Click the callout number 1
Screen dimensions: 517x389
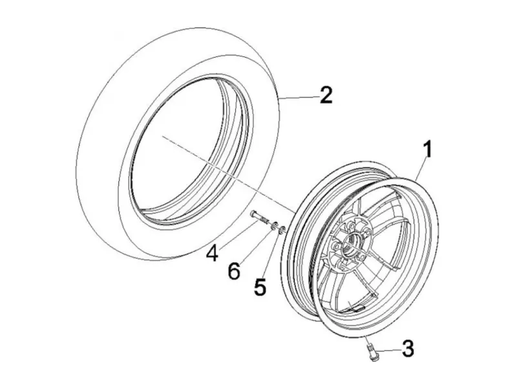[427, 150]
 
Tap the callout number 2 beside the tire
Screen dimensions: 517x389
[326, 94]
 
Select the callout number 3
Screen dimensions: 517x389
[408, 348]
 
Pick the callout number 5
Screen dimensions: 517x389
[260, 286]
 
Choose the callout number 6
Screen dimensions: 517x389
[234, 271]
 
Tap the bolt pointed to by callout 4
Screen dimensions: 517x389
[260, 218]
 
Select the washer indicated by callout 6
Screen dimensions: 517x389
[274, 226]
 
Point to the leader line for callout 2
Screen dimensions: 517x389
[299, 97]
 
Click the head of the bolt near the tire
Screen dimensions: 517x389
[252, 213]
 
